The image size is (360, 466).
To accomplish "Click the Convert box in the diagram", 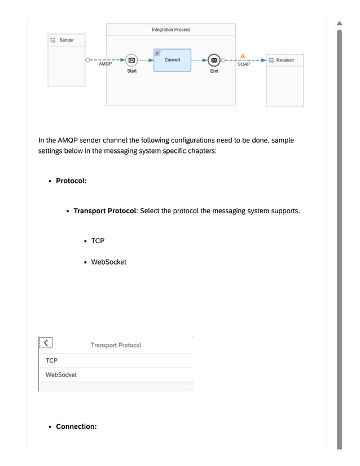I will pos(172,60).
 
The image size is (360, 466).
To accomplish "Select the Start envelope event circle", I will pos(131,60).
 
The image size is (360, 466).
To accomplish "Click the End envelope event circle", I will pos(214,60).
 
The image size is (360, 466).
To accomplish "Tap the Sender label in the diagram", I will pos(67,40).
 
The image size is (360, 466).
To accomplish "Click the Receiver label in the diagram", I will pos(285,60).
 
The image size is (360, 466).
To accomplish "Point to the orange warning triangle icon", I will pos(243,56).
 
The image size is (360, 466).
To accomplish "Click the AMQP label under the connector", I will pos(105,65).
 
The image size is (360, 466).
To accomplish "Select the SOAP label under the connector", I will pos(243,65).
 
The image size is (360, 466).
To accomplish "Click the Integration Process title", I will pos(171,29).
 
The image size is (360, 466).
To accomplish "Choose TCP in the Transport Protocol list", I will pos(51,361).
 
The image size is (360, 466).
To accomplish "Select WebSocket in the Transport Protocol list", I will pos(61,375).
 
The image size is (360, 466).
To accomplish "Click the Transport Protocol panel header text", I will pos(116,345).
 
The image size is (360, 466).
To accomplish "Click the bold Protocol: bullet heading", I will pos(71,181).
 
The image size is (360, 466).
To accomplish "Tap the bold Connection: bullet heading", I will pos(76,427).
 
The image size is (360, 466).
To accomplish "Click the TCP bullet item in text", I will pos(98,241).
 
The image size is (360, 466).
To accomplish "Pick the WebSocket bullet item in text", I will pos(108,262).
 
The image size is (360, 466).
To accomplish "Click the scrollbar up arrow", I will pos(340,23).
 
